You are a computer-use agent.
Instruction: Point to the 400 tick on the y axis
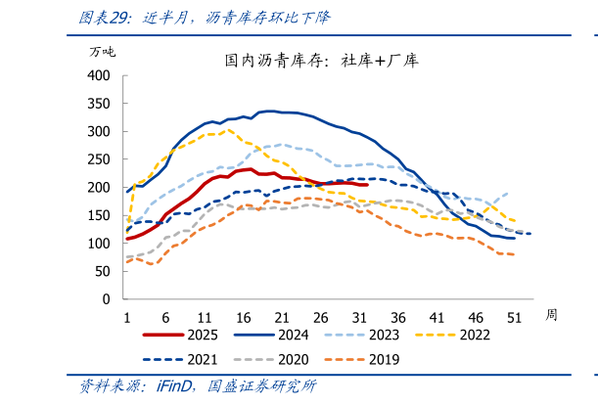[x=100, y=75]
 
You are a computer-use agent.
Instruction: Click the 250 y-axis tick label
[x=100, y=158]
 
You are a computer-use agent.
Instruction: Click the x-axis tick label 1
[x=127, y=317]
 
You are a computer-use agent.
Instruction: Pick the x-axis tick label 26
[x=319, y=317]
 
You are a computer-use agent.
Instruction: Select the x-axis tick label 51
[x=514, y=317]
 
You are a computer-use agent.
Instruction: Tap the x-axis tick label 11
[x=204, y=317]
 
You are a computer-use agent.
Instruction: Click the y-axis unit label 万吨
[x=102, y=52]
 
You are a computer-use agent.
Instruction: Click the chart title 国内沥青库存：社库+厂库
[x=321, y=61]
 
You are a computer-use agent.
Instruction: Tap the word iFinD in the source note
[x=175, y=387]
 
